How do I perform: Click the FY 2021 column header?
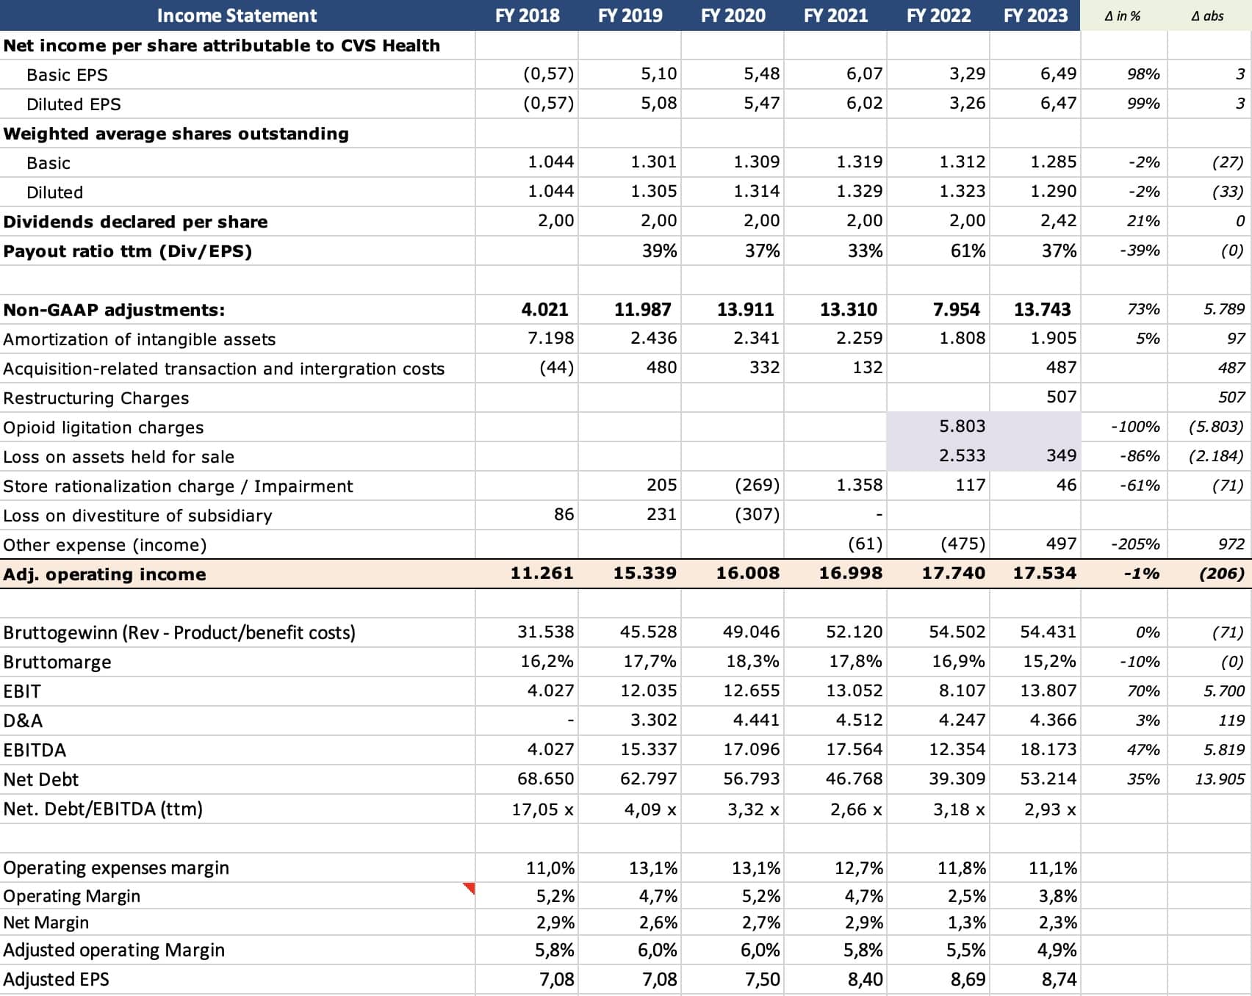point(835,15)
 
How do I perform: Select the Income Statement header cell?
point(237,15)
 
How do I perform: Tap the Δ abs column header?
point(1207,15)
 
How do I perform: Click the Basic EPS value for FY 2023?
point(1058,73)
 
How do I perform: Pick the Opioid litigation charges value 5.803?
point(962,426)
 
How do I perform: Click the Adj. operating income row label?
point(104,574)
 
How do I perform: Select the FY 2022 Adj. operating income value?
point(953,573)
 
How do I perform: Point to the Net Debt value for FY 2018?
point(545,779)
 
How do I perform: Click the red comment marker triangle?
point(469,888)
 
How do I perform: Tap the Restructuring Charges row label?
point(96,398)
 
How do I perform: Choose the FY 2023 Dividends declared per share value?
point(1058,220)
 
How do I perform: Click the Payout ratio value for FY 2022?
point(968,251)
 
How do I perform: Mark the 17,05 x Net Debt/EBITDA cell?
point(542,809)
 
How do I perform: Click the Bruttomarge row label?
point(57,663)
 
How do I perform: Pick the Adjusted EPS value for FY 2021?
point(864,979)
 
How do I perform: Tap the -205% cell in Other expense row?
point(1135,544)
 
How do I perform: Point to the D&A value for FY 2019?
point(653,720)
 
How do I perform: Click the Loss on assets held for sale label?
point(119,457)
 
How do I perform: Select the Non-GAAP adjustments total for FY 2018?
point(544,309)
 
